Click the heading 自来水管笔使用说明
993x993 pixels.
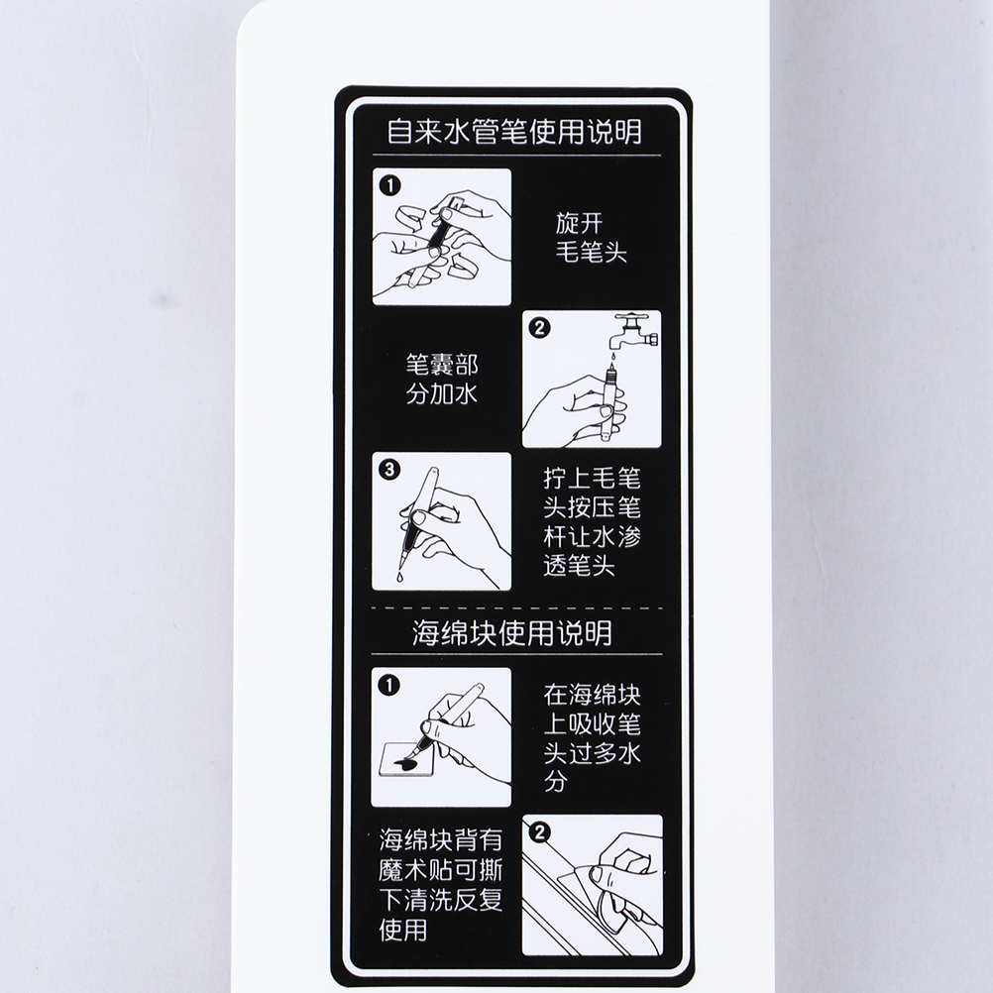click(514, 132)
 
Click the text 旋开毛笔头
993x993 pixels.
click(592, 238)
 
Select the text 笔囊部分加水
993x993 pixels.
click(441, 380)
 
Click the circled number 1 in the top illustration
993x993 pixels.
click(390, 185)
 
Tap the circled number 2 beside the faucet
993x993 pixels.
click(539, 328)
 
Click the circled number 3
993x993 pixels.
click(389, 470)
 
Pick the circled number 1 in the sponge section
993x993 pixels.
click(388, 685)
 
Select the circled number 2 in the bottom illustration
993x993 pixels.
click(539, 831)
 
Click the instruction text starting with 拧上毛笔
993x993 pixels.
click(592, 522)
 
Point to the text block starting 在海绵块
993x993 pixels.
click(592, 738)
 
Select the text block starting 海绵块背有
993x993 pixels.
click(441, 885)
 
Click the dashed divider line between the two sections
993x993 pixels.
click(516, 607)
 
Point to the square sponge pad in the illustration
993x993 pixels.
click(402, 760)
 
